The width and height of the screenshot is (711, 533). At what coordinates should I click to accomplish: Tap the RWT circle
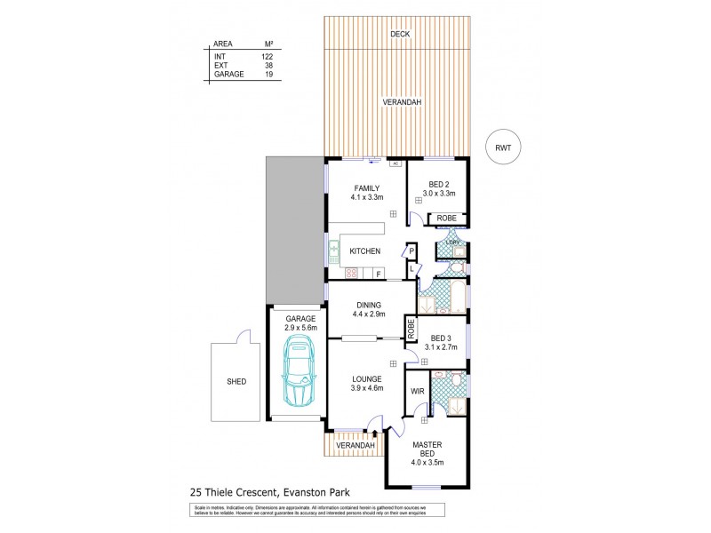pos(503,148)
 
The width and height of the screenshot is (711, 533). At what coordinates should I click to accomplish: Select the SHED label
pos(236,382)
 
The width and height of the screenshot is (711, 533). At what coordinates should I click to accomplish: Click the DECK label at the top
pos(398,35)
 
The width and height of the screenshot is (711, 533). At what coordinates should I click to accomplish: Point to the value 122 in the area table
pos(267,56)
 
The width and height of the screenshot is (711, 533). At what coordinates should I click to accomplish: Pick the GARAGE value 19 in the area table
pos(267,76)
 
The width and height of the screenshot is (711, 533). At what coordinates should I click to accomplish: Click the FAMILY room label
pos(367,188)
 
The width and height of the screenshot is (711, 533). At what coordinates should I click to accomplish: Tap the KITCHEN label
pos(365,252)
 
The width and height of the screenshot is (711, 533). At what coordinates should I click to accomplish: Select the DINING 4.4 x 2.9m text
pos(367,310)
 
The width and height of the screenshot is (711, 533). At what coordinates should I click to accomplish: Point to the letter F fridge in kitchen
pos(378,274)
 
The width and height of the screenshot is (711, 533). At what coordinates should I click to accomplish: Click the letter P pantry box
pos(411,251)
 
